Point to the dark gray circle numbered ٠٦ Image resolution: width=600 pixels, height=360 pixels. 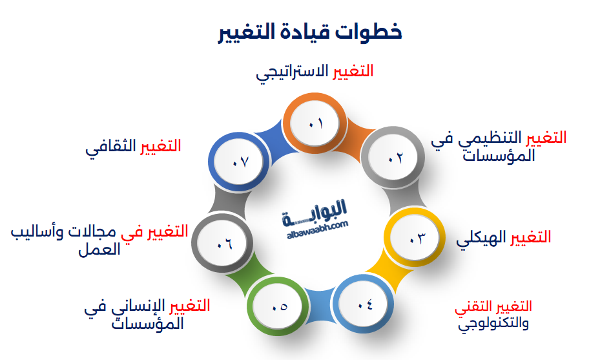[223, 244]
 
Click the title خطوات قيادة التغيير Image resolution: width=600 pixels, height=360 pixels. [309, 32]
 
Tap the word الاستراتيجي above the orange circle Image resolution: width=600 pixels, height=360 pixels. [292, 72]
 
